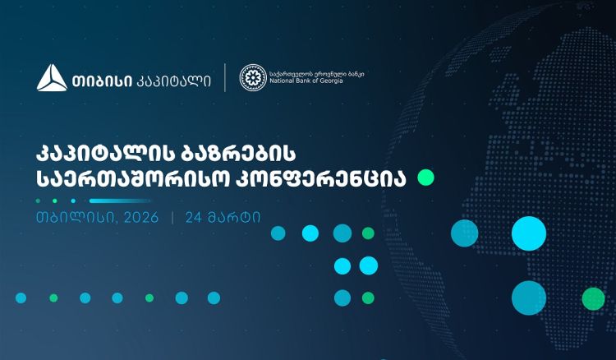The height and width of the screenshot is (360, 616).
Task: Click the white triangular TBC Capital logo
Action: coord(52,77)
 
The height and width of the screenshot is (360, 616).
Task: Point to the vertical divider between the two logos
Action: coord(225,77)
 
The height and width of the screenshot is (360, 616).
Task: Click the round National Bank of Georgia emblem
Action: coord(252,77)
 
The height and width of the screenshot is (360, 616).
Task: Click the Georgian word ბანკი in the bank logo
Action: coord(355,73)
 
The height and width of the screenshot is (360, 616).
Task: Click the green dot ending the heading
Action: coord(425,178)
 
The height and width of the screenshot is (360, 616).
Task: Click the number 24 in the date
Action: coord(194,219)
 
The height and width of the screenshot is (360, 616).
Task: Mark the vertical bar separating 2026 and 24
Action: coord(172,219)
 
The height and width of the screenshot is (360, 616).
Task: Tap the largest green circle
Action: coord(592,298)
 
